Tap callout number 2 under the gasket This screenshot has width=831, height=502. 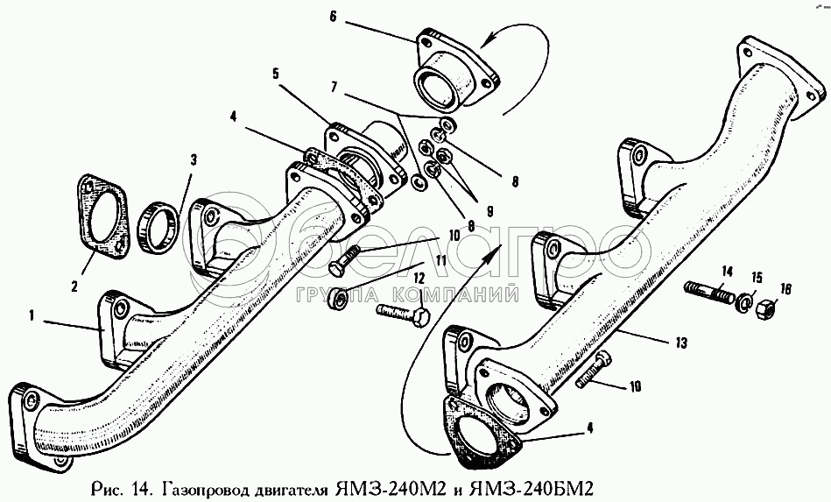(74, 285)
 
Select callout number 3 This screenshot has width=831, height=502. (194, 159)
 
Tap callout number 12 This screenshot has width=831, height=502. (419, 278)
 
